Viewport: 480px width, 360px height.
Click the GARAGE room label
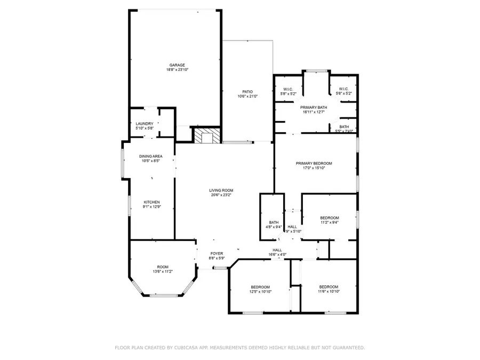[x=177, y=65]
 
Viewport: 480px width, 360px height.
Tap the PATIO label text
[x=247, y=92]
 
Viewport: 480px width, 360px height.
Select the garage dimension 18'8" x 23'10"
[x=177, y=70]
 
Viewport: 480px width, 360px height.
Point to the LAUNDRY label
[x=144, y=124]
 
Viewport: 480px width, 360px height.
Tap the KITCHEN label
[x=152, y=202]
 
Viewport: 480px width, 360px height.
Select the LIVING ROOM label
[x=221, y=190]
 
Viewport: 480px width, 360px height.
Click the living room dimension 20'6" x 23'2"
[x=221, y=195]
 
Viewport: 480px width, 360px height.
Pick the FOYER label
[x=217, y=254]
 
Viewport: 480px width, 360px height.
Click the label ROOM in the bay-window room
[x=162, y=267]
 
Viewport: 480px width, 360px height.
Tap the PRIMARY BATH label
[x=314, y=107]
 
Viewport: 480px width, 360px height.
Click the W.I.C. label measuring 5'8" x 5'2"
[x=289, y=89]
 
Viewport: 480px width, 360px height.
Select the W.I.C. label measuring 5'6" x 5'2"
[x=343, y=89]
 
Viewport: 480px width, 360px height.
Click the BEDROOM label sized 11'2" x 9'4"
[x=329, y=218]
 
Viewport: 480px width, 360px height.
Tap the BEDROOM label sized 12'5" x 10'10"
[x=260, y=286]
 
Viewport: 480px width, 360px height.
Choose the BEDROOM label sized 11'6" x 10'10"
[x=329, y=286]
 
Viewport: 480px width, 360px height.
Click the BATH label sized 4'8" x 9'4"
[x=274, y=222]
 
